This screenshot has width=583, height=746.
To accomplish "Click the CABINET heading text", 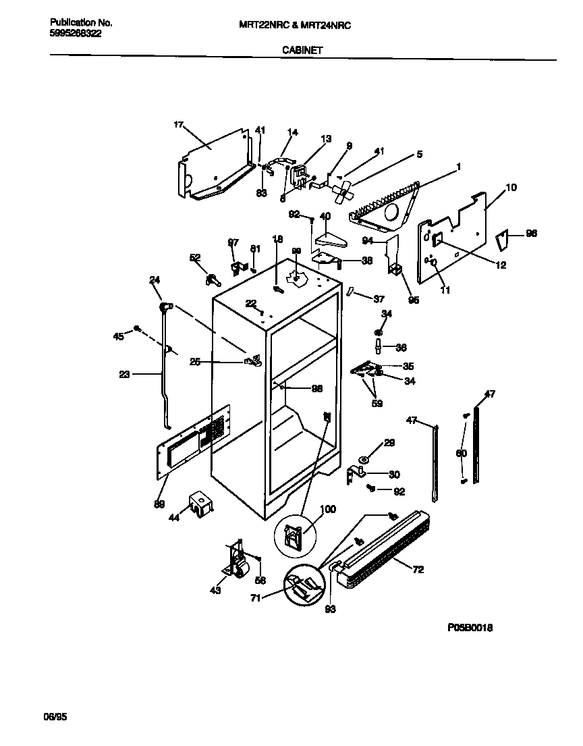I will [302, 50].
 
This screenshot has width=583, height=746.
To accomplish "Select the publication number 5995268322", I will [76, 33].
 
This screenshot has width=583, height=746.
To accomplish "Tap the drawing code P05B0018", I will [470, 627].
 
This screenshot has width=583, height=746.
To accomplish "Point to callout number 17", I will [178, 125].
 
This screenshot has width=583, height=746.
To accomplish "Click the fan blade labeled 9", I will [343, 192].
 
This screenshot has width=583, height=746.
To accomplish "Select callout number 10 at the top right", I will [511, 187].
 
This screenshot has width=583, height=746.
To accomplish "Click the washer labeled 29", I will [364, 460].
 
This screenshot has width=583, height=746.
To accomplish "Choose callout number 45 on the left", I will [118, 336].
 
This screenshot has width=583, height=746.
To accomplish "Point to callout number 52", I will [194, 257].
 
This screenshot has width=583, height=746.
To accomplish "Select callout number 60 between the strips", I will [461, 453].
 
